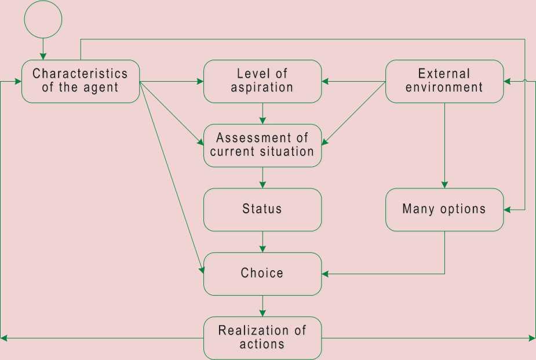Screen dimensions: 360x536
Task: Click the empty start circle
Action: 43,20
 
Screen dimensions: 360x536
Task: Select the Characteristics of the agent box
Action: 81,81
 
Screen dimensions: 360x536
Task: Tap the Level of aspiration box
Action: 262,81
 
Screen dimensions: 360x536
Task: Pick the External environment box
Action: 444,81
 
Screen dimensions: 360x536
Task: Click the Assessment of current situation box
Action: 262,146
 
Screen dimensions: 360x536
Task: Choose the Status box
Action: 262,209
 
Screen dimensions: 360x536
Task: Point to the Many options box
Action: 444,209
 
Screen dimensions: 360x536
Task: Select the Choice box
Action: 262,274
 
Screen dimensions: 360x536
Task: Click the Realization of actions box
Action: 262,338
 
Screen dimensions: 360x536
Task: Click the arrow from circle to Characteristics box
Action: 43,49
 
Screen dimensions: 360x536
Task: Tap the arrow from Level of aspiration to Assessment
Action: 262,114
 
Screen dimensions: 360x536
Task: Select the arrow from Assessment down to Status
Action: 262,177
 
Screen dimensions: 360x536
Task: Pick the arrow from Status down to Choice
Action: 262,242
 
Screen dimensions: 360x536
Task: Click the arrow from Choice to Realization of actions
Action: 262,306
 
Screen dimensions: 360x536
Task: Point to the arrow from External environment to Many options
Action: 444,145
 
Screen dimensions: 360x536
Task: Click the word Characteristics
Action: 80,74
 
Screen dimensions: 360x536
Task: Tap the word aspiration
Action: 262,88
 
